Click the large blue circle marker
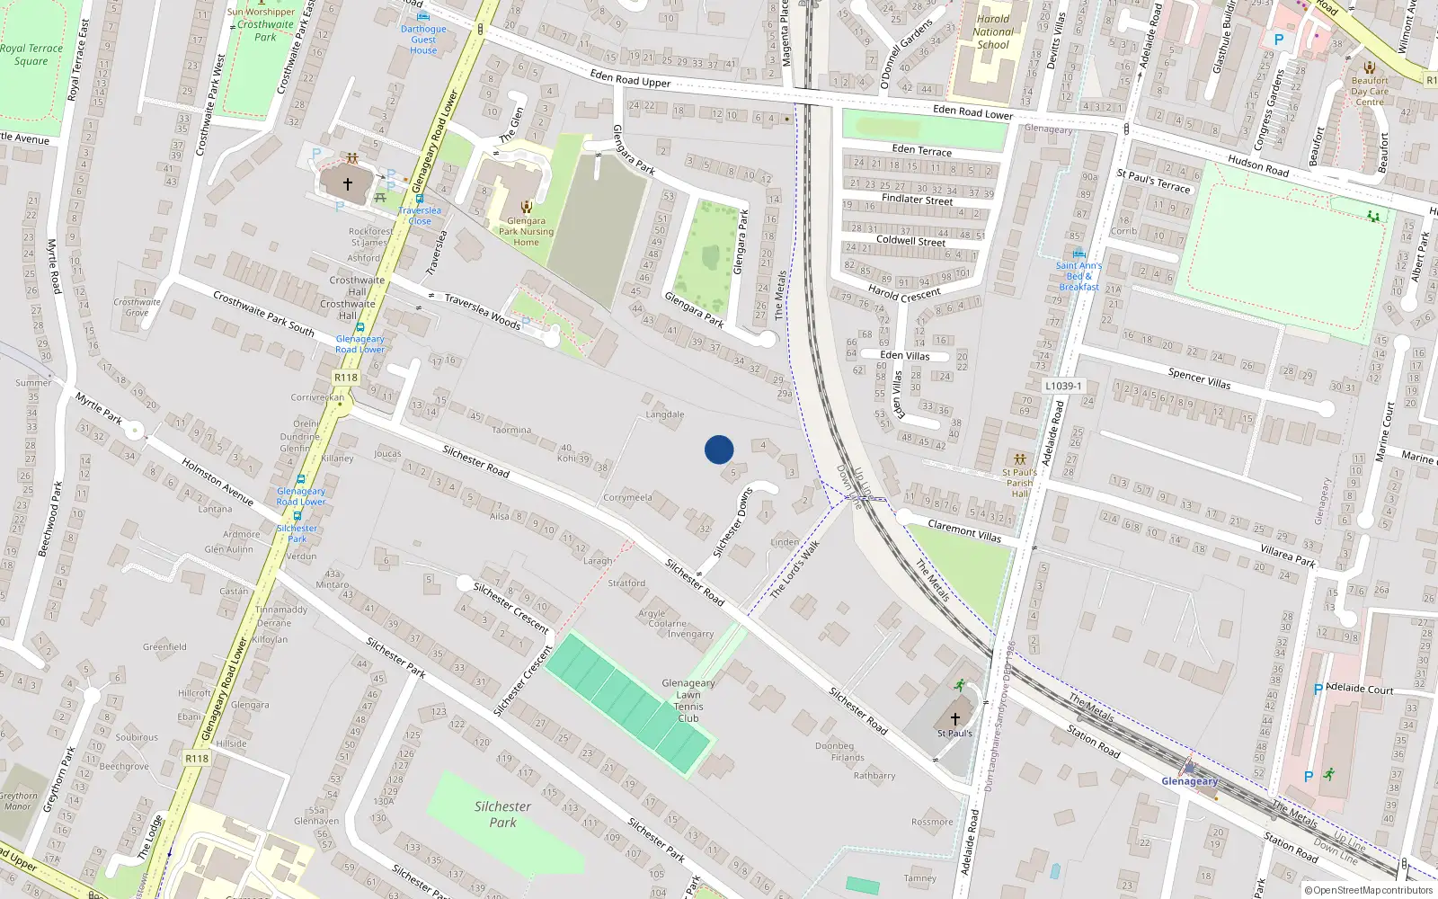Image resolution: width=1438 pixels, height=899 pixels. pos(719,449)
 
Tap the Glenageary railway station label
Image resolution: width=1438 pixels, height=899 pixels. pos(1189,780)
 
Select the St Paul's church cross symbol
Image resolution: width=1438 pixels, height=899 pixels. pos(955,718)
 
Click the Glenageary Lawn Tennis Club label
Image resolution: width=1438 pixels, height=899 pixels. pos(688,700)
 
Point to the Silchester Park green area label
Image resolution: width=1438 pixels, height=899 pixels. pos(502,814)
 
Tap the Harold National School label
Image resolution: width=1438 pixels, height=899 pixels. pos(992,31)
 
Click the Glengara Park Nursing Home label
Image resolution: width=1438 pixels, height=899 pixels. pos(526,231)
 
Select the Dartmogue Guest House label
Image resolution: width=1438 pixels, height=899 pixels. pos(423,40)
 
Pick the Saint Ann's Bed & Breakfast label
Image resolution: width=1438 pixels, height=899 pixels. pos(1078,276)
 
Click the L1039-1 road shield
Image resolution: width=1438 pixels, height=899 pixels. pos(1063,386)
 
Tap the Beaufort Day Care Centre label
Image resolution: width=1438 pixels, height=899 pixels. pos(1370,91)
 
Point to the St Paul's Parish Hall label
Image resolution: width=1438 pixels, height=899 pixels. pos(1019,483)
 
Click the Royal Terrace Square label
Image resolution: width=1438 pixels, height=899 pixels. pos(31,55)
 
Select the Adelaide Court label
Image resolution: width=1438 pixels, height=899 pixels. pos(1359,690)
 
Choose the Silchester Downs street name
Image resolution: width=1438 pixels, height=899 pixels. pos(732,522)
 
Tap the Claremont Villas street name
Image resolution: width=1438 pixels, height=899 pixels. pos(964,530)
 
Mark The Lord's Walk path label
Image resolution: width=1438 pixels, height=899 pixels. pos(795,569)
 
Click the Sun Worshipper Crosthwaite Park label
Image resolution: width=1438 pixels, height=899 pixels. pos(263,24)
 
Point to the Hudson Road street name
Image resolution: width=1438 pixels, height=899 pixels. pos(1258,165)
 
